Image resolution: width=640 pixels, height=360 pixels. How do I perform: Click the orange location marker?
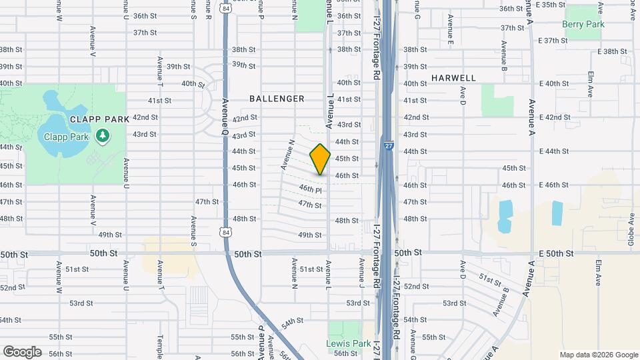point(320,159)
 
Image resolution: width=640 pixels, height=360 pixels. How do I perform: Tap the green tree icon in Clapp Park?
point(102,137)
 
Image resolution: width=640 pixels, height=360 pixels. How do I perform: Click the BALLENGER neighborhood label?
point(277,99)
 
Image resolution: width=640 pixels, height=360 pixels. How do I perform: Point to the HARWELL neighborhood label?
point(453,78)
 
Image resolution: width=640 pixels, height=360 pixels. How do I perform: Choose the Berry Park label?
point(583,24)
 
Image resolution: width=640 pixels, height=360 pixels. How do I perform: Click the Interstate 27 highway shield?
point(389,147)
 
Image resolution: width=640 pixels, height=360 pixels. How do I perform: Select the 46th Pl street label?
point(310,191)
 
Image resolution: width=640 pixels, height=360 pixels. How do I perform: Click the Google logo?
point(21,351)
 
